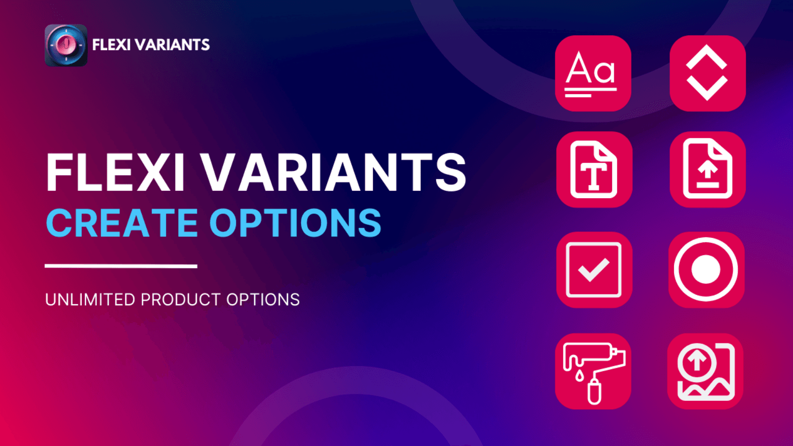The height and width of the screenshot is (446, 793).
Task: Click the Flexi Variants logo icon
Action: coord(66,45)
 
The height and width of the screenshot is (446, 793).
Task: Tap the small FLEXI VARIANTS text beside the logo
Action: coord(151,45)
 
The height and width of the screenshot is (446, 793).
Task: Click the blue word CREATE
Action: coord(122,223)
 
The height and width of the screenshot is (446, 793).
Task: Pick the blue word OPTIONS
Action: coord(295,223)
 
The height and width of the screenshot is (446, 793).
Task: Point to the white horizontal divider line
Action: coord(121,266)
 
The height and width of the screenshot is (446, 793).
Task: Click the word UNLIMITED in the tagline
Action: coord(90,300)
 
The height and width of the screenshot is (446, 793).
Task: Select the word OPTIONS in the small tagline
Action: coord(263,300)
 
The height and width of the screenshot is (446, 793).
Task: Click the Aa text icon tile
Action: coord(593,73)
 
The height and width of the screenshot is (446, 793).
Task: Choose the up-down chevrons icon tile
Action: coord(707,73)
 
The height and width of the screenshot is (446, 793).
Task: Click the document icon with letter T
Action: coord(594,169)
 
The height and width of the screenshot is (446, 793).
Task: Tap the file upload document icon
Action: coord(707,169)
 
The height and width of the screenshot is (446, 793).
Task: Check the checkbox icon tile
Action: coord(594,270)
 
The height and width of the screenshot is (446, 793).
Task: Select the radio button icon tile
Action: coord(706,270)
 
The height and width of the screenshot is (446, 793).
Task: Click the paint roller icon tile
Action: coord(593,371)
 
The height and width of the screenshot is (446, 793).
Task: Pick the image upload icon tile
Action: coord(705,371)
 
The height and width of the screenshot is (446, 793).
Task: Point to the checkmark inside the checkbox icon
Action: coord(593,270)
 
